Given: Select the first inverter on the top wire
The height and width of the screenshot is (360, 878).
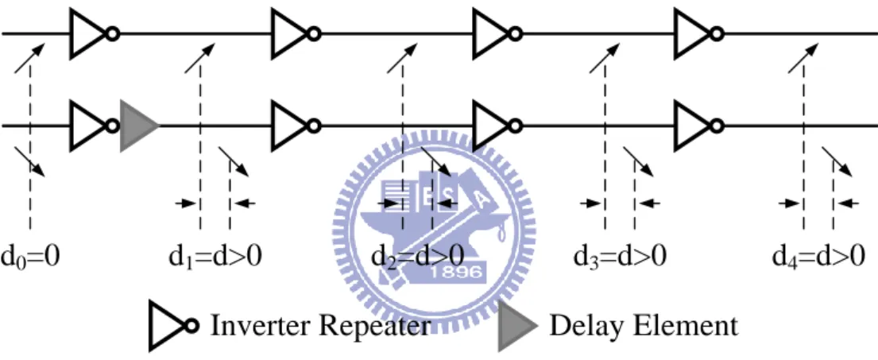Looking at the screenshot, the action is pos(94,33).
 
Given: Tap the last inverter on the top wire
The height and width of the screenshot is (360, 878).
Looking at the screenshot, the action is pos(698,33).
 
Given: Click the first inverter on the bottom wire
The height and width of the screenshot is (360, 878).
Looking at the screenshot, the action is pos(94,126).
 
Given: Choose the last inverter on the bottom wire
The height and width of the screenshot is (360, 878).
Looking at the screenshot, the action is pos(698,126).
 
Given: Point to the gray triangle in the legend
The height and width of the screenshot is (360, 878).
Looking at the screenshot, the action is pos(517,327).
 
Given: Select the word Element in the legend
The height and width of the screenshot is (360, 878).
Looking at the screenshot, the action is pos(688,325).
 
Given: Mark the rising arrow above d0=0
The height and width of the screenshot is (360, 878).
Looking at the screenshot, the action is pos(29,58).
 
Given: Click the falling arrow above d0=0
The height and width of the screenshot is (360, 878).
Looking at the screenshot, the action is pos(29,162).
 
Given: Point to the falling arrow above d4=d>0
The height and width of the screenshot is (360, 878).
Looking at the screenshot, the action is pos(837,162).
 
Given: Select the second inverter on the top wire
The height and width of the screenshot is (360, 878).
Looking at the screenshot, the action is pos(296,33).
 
